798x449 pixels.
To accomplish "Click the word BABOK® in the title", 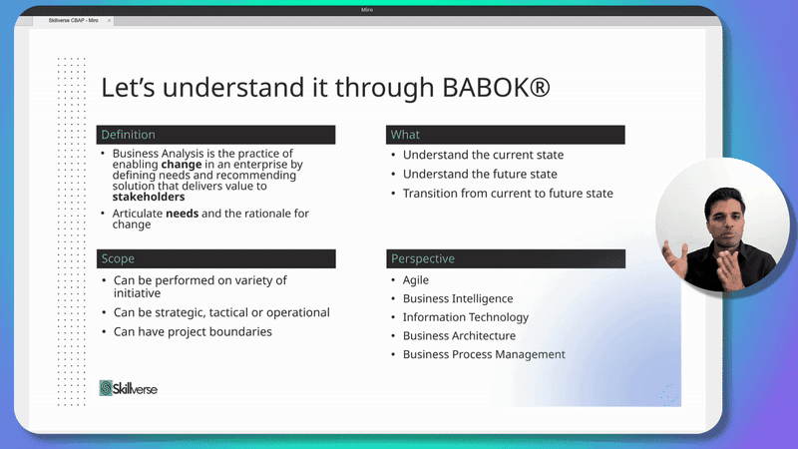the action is tap(496, 87).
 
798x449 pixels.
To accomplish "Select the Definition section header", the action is tap(215, 135).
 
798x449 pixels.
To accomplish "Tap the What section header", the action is tap(506, 135).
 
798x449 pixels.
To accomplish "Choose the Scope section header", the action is tap(215, 258).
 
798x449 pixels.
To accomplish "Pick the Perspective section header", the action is tap(506, 258).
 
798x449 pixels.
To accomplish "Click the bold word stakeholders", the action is tap(149, 197).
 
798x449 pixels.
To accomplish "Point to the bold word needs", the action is tap(183, 214).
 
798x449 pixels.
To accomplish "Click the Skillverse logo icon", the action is tap(106, 388).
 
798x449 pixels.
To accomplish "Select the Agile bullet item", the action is tap(416, 280).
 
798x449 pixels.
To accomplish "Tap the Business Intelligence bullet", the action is tap(458, 298).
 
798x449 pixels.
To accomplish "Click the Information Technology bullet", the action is tap(466, 317).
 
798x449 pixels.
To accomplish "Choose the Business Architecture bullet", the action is tap(459, 336).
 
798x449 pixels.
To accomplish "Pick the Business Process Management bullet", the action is tap(484, 355).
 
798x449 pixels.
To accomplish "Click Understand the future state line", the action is tap(480, 174).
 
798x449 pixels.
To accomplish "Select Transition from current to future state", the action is tap(508, 194).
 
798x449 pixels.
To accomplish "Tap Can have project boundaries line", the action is tap(193, 332).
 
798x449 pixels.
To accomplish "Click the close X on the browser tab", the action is tap(109, 21).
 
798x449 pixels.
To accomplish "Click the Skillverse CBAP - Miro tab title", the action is tap(73, 20).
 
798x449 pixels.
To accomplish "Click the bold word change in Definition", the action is tap(182, 165).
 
